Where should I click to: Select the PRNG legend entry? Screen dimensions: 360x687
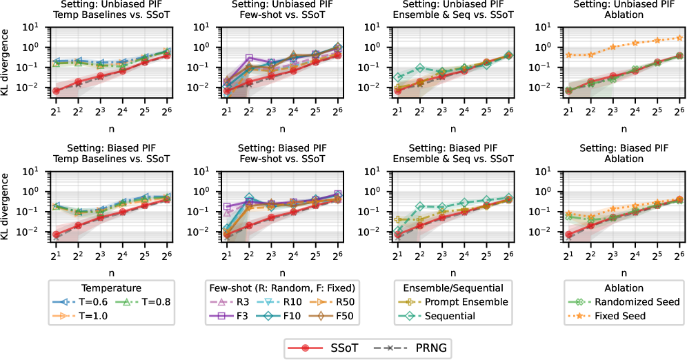(x=400, y=348)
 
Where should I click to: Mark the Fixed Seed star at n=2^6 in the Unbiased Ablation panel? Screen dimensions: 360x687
(x=679, y=38)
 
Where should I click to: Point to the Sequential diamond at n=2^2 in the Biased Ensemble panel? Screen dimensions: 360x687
(x=420, y=206)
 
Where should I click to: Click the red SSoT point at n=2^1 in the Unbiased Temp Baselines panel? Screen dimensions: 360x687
(x=56, y=91)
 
